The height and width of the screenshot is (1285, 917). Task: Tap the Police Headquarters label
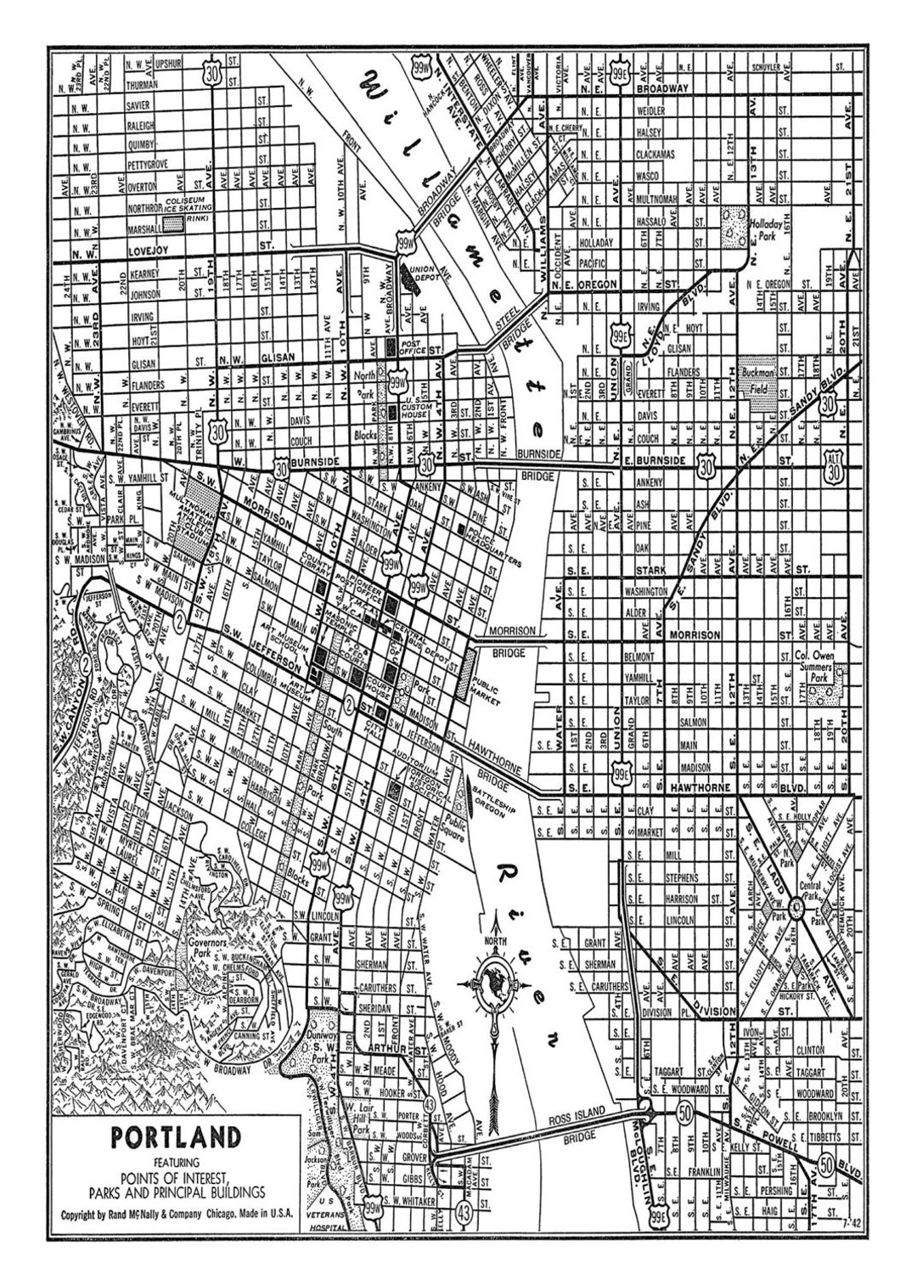[491, 540]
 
